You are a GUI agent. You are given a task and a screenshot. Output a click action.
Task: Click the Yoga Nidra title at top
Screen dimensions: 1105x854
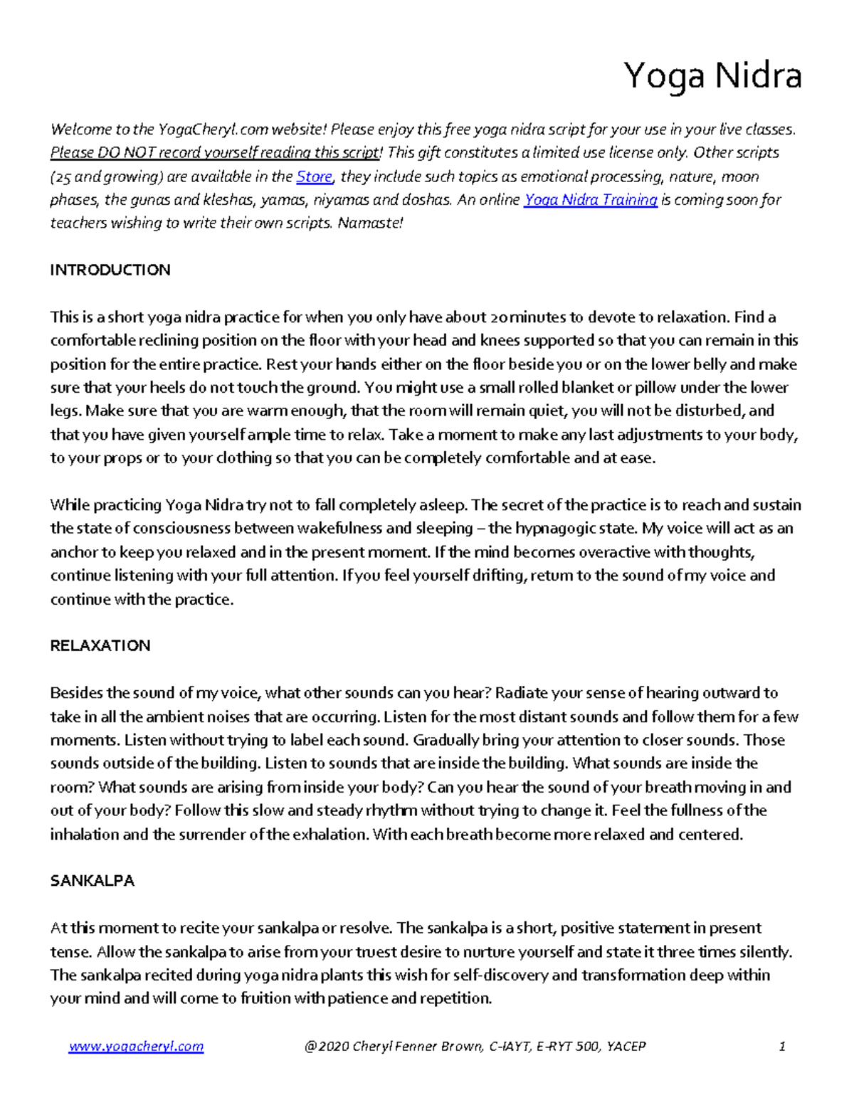point(712,76)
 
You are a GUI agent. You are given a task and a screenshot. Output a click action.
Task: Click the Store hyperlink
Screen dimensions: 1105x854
point(314,176)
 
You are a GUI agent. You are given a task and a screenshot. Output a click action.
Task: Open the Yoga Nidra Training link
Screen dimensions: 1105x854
point(590,200)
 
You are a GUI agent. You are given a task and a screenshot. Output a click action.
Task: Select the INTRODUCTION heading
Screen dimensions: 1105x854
point(110,270)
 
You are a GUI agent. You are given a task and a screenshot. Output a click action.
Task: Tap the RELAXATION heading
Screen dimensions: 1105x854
point(100,645)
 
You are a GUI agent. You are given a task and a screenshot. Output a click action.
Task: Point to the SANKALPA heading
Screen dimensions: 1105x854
point(93,880)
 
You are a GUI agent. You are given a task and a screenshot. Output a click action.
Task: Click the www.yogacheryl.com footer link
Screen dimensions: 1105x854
point(136,1046)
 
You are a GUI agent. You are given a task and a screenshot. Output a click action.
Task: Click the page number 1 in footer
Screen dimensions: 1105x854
point(782,1046)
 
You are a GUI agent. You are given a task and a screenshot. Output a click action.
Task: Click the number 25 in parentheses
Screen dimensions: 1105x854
point(63,177)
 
